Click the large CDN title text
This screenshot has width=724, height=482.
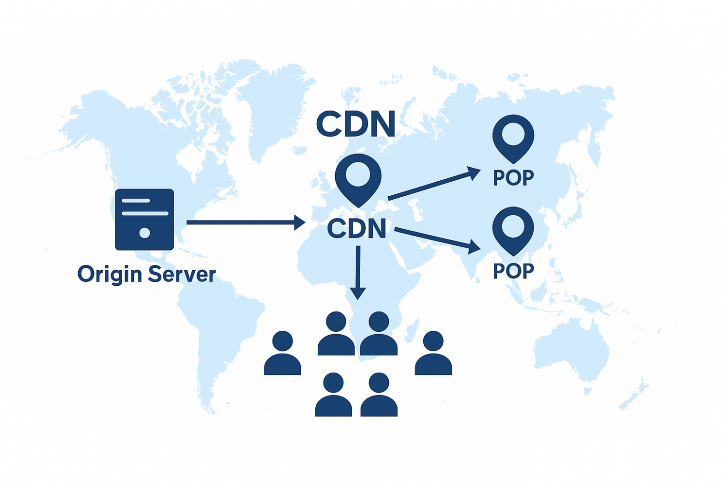click(x=356, y=124)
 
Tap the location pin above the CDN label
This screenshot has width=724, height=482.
click(x=358, y=178)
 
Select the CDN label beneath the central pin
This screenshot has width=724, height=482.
click(x=357, y=228)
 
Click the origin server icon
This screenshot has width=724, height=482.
click(x=145, y=220)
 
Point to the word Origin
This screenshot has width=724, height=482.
click(x=109, y=275)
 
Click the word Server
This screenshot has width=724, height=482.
click(x=181, y=275)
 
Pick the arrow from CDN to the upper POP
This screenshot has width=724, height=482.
click(x=433, y=184)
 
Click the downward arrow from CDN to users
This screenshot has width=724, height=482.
click(x=358, y=272)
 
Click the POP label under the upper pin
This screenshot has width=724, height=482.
click(x=513, y=178)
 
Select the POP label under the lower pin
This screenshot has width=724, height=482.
click(x=513, y=271)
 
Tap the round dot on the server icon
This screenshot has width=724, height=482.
click(x=145, y=233)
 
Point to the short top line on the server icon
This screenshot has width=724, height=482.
click(x=136, y=200)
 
